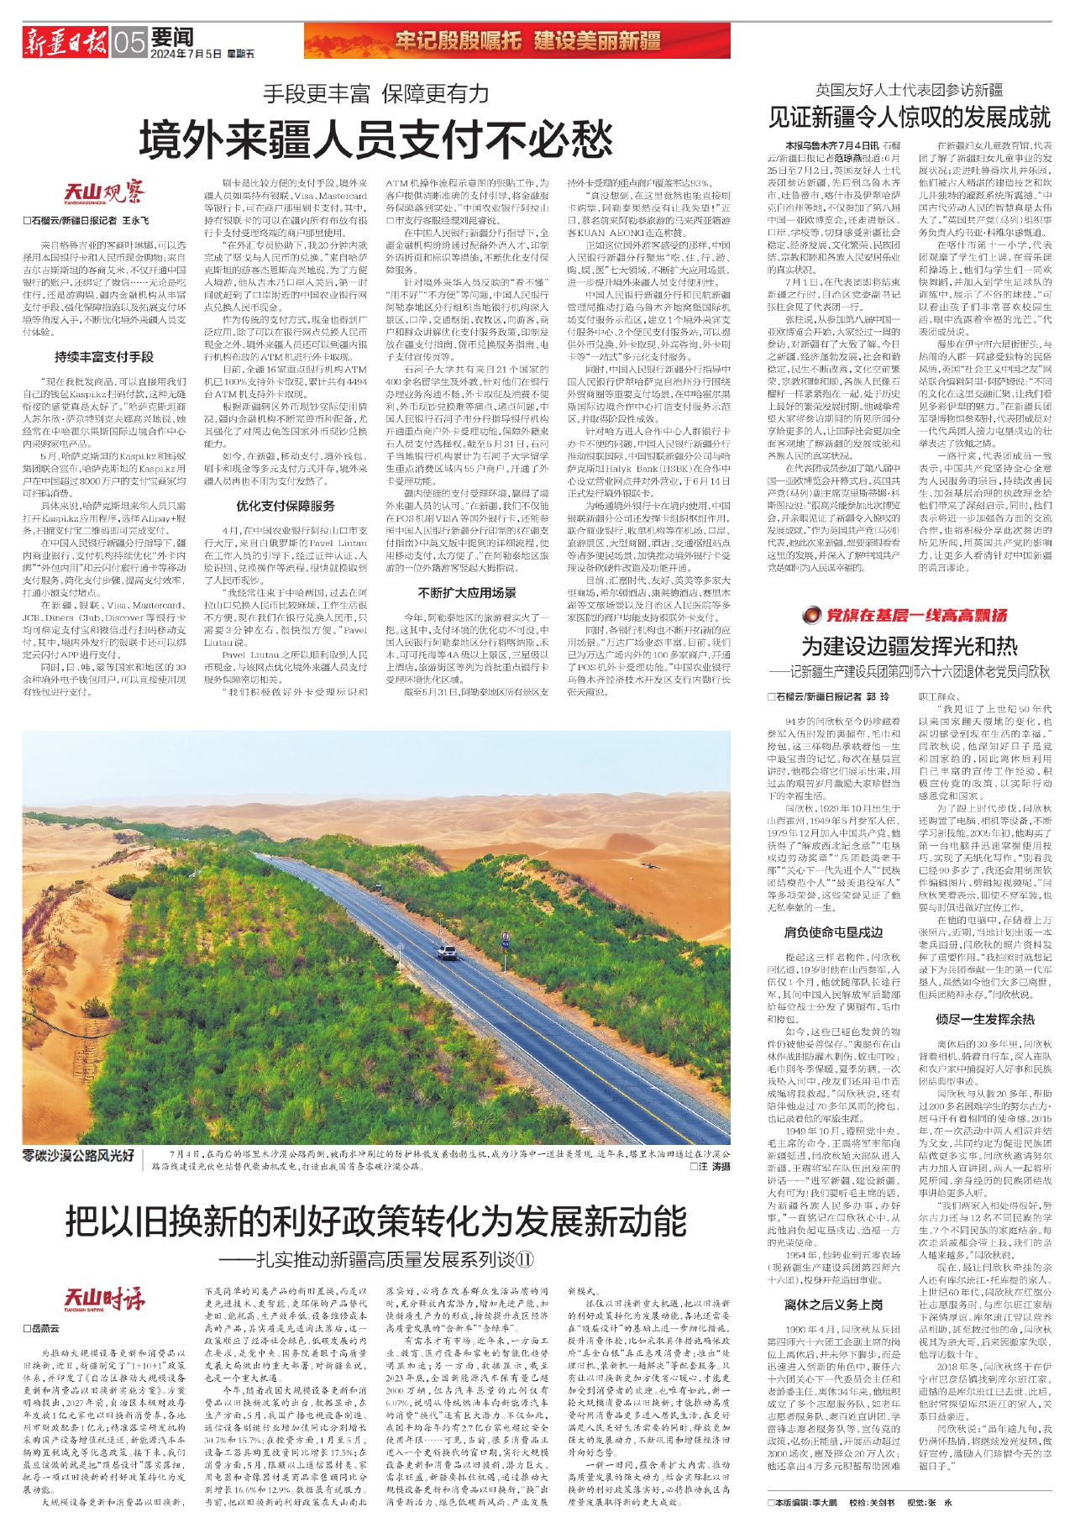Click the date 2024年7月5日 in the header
tap(186, 54)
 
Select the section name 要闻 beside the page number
tap(173, 36)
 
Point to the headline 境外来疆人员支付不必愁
tap(375, 139)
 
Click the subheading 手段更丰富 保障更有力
tap(375, 93)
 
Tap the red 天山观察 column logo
tap(104, 193)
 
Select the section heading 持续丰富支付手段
tap(104, 357)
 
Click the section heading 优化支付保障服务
tap(286, 506)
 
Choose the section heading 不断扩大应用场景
tap(467, 592)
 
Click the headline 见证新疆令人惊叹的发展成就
tap(910, 116)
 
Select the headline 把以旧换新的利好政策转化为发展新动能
tap(375, 1221)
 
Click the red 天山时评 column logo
tap(104, 1300)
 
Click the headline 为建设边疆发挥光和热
tap(910, 646)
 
